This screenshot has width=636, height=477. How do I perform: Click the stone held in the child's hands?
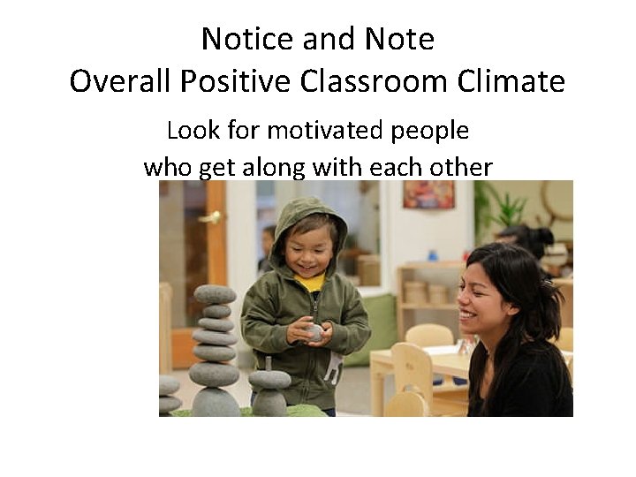(314, 332)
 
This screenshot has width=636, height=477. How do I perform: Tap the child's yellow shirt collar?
(310, 283)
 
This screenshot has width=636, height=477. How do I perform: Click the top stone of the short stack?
(269, 379)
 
